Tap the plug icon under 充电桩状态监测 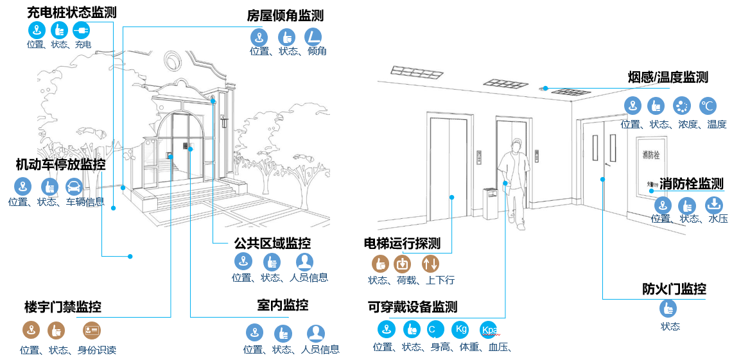point(81,30)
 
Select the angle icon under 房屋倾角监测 point(313,36)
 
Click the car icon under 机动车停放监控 point(74,187)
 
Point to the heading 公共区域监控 point(272,244)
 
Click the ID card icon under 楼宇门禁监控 point(92,330)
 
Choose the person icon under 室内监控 point(315,333)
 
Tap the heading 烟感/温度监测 point(668,78)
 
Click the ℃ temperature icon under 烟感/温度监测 point(708,106)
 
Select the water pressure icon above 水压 point(714,205)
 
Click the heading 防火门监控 point(674,289)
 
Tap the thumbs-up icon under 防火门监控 point(668,308)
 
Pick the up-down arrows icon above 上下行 point(430,263)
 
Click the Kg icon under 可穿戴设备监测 point(460,329)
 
